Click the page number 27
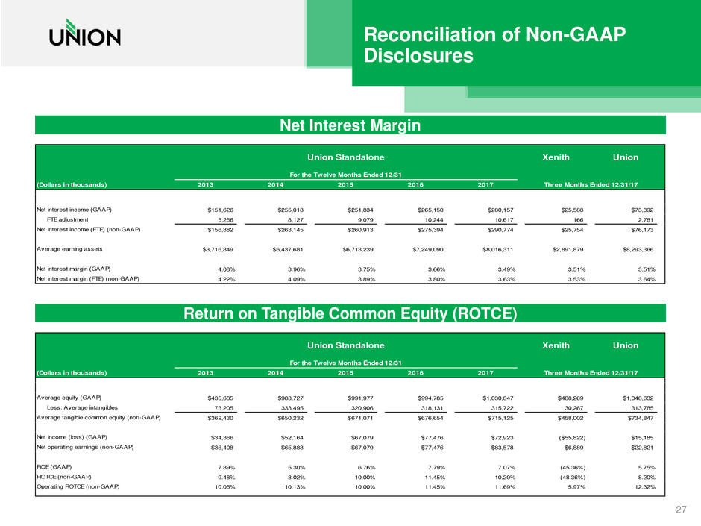click(680, 509)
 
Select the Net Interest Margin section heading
click(350, 127)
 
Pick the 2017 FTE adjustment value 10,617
click(503, 220)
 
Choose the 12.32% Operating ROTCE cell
click(641, 486)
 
